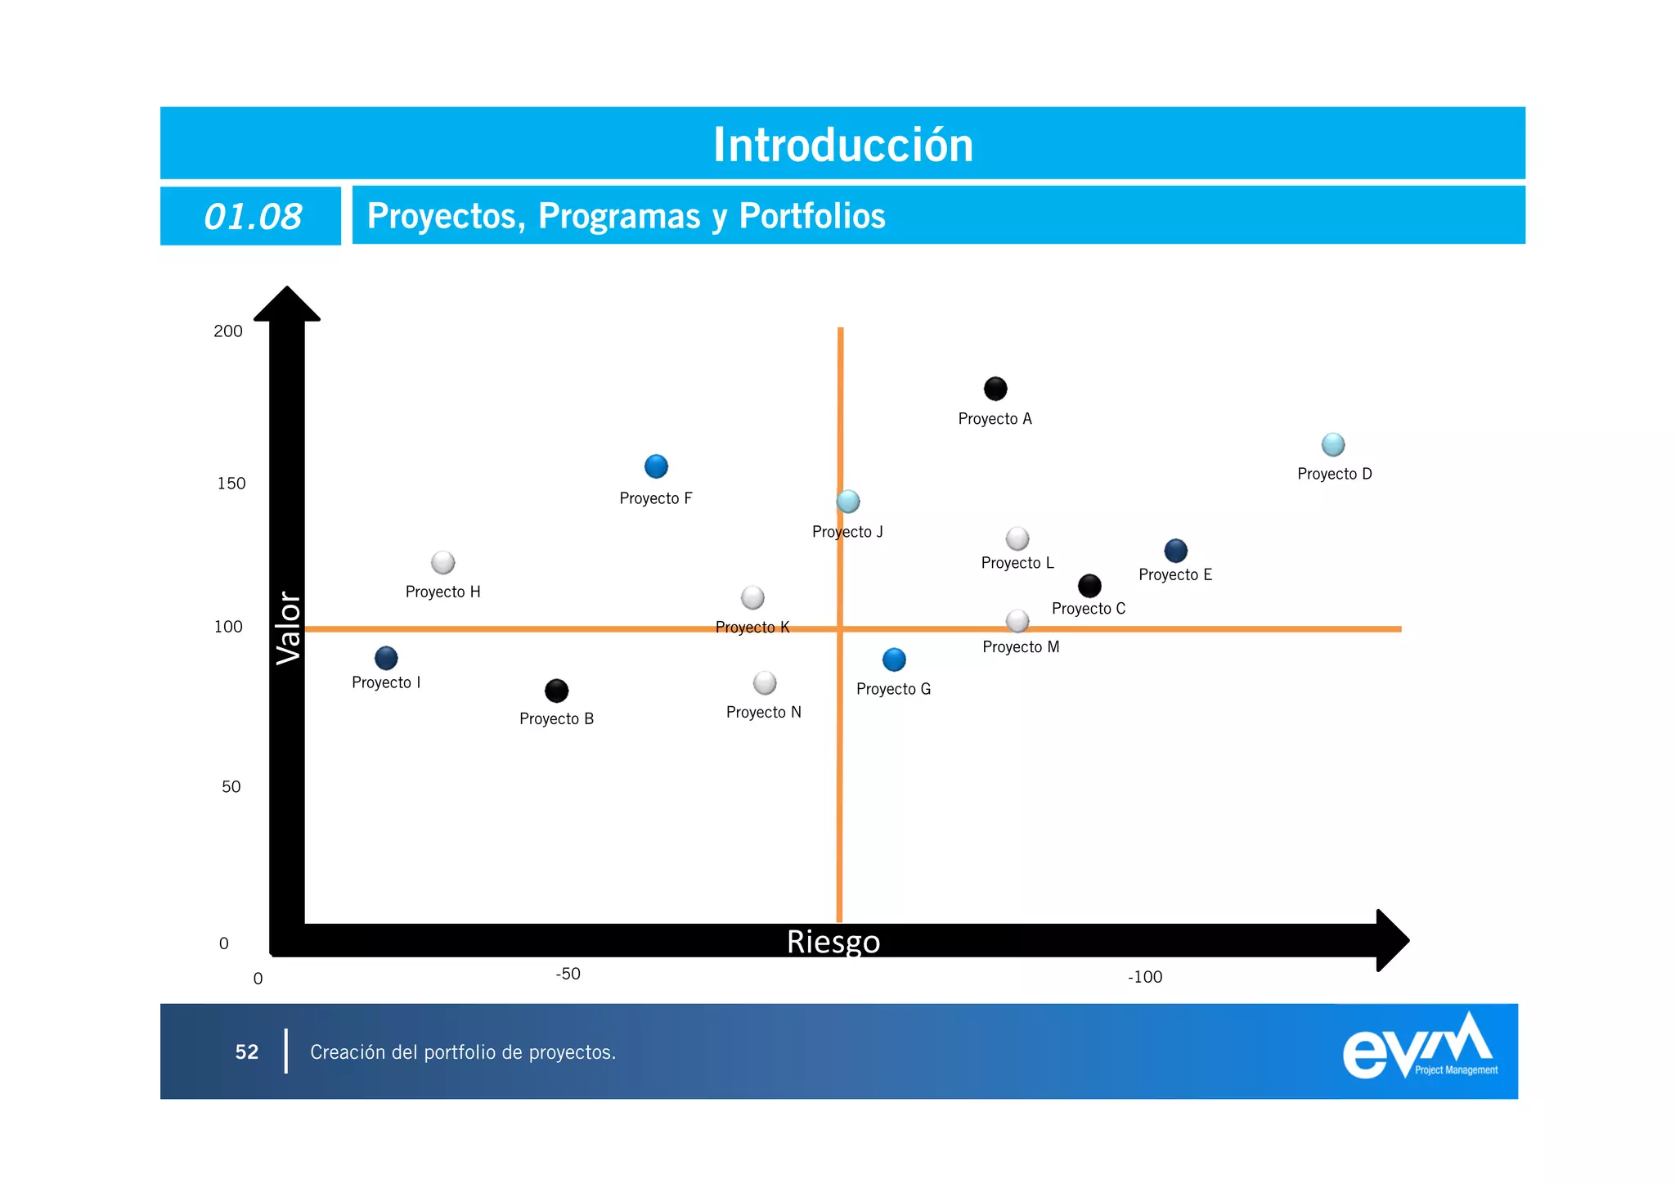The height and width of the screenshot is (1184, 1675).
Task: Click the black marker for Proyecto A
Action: [995, 389]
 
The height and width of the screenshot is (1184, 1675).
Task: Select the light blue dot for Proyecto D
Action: [1333, 444]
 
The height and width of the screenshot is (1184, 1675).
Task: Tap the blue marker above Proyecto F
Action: [656, 466]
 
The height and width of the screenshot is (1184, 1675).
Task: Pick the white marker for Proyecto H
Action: [442, 563]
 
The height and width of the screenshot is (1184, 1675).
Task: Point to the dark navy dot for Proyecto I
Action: [386, 658]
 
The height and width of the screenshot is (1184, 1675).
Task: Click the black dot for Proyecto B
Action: [556, 691]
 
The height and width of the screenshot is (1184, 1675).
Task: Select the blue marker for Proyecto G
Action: [894, 660]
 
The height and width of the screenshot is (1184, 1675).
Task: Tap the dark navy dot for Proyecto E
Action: [1175, 551]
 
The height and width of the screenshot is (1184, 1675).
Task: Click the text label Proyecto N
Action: [764, 713]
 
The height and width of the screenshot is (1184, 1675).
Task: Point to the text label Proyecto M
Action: [1021, 647]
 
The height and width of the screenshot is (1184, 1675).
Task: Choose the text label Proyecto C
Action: [1089, 609]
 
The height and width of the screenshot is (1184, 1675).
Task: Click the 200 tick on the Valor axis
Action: [228, 331]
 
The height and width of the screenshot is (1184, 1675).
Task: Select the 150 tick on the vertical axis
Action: [231, 484]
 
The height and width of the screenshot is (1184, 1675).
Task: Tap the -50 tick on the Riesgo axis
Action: [568, 974]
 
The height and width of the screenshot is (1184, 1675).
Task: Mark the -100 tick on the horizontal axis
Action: [1144, 977]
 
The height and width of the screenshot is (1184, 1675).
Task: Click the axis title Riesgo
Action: [833, 942]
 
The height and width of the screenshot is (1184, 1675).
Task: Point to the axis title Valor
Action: [289, 628]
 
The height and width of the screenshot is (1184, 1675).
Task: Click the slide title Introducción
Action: [843, 145]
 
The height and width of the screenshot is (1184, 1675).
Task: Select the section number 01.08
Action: [253, 217]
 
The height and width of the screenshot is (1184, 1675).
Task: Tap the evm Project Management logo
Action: [1420, 1048]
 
